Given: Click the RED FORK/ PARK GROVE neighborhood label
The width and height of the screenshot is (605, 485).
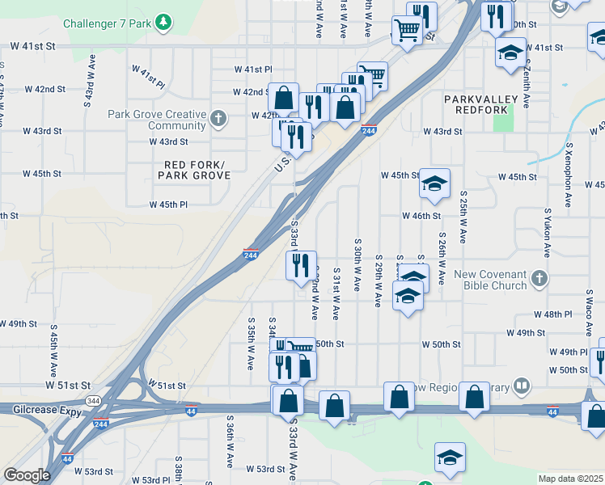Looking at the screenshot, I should (x=192, y=170).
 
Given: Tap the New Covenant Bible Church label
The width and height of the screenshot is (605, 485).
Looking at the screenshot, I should (x=490, y=280).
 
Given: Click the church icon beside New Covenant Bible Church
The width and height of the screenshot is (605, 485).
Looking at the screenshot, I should (x=539, y=280).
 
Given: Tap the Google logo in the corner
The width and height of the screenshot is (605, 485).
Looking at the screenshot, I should (x=27, y=475).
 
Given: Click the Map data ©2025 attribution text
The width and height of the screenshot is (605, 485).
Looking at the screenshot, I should (x=569, y=479).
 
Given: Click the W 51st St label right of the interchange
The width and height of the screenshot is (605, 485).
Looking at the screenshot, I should (x=167, y=386).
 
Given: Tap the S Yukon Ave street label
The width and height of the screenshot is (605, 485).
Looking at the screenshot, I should (x=548, y=227).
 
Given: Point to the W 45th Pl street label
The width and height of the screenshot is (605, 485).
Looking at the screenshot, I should (x=168, y=205).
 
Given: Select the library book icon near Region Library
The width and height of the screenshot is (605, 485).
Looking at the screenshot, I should (x=523, y=386).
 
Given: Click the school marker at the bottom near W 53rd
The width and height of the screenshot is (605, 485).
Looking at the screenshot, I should (x=450, y=457).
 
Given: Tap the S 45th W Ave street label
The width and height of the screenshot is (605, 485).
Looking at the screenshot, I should (x=54, y=344).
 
